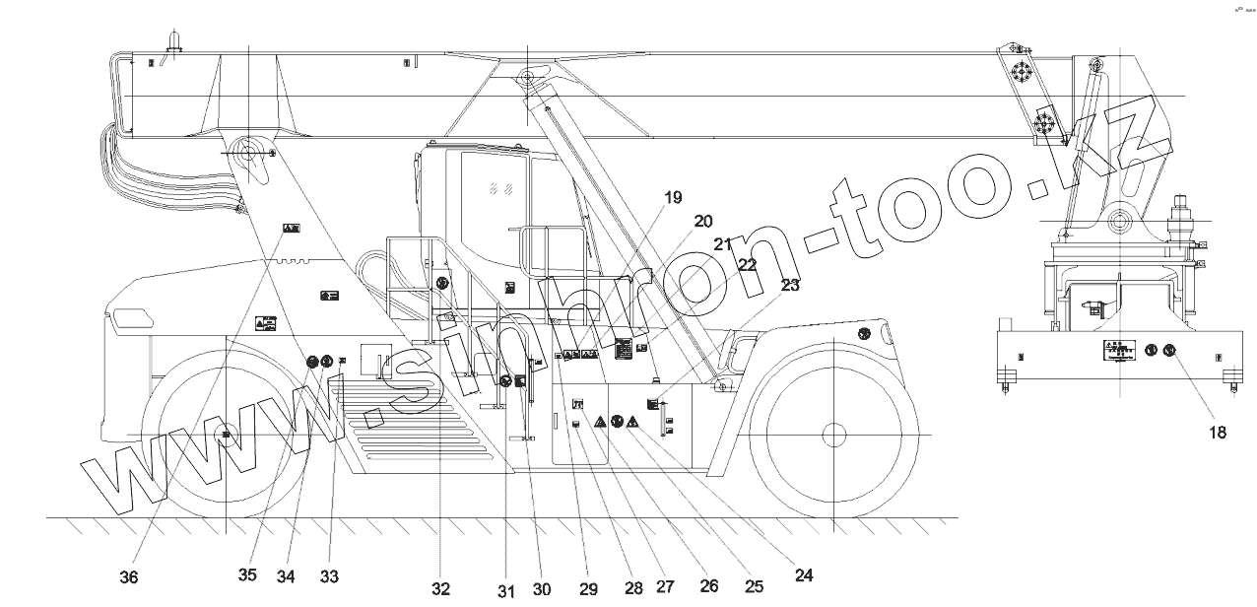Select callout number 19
pos(672,197)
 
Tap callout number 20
pos(702,221)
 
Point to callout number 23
pos(790,286)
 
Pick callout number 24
pos(804,575)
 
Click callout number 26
pos(707,585)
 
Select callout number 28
pos(633,587)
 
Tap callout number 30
pos(541,589)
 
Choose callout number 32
pos(440,589)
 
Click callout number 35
pos(247,575)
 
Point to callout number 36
pos(129,577)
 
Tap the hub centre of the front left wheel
pos(227,435)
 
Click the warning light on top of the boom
pos(173,40)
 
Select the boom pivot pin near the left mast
pos(246,153)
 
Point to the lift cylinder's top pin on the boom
pos(530,77)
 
